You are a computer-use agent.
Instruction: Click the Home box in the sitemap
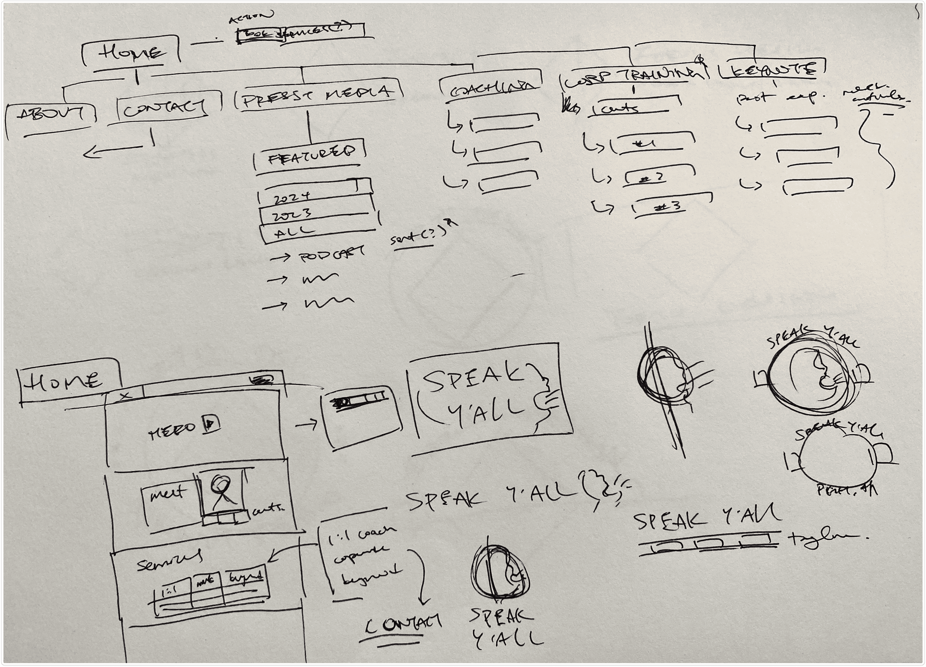coord(131,52)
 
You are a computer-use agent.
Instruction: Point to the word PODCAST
coord(332,255)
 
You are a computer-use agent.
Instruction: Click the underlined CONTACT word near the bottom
coord(402,624)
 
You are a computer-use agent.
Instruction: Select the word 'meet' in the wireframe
coord(167,495)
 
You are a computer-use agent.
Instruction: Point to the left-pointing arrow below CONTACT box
coord(112,151)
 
